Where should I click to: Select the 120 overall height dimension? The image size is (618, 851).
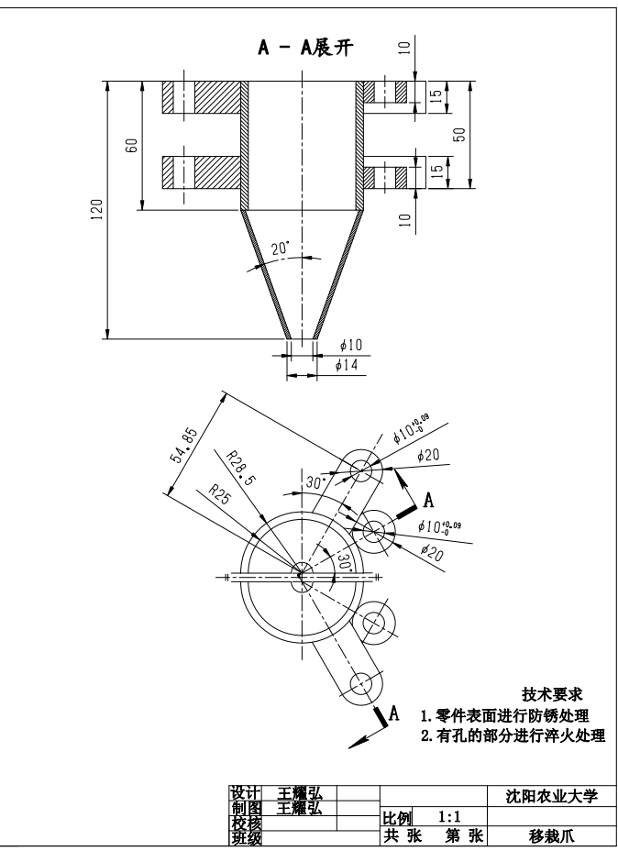(97, 209)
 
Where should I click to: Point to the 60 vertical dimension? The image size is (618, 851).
(132, 145)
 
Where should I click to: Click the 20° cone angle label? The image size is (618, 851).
(280, 249)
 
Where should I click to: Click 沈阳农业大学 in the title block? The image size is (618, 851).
(547, 796)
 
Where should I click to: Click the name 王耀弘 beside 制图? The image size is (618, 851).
(300, 808)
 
